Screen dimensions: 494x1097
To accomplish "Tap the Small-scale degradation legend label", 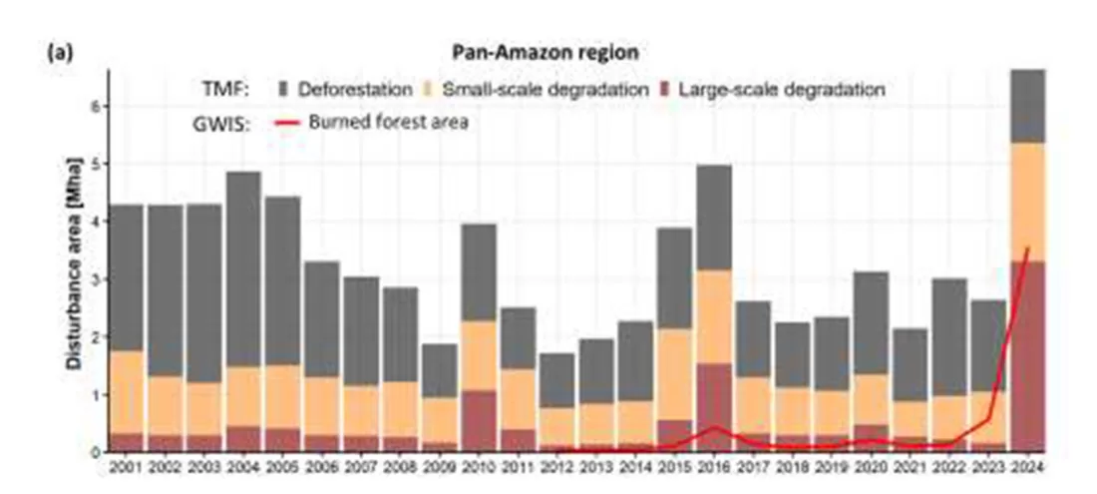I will point(544,89).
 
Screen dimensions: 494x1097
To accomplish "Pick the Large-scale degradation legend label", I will point(782,89).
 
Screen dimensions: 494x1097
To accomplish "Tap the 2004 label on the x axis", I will point(243,467).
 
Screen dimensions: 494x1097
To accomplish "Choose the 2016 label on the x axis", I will point(712,467).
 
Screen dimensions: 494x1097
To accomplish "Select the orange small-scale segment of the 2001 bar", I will point(127,391).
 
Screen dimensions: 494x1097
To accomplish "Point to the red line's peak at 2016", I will point(713,427).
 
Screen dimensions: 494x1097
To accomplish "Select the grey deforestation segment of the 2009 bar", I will point(440,371).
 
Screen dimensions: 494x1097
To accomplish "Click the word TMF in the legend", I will point(227,89).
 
